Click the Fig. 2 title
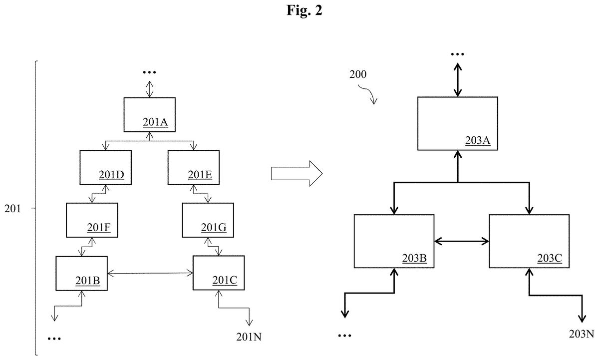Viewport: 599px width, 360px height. pos(304,10)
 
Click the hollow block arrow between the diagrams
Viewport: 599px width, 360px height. pos(297,173)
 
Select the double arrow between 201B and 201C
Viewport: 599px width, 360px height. pos(150,273)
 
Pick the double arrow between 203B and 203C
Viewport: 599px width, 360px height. pos(462,241)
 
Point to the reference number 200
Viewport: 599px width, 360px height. pos(358,74)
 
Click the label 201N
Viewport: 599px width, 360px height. pos(249,337)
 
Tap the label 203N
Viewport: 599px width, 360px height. pos(582,334)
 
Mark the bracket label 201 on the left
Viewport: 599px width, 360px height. pos(12,208)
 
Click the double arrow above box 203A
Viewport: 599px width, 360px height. pos(458,80)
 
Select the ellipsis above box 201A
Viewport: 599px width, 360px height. pos(149,72)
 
